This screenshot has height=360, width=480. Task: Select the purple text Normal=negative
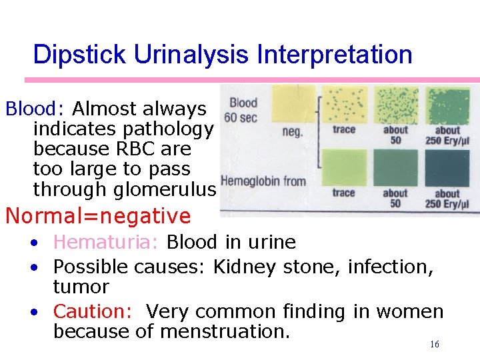pyautogui.click(x=98, y=216)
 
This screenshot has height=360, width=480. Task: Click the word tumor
pyautogui.click(x=81, y=287)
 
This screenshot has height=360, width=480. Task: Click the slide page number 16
pyautogui.click(x=434, y=345)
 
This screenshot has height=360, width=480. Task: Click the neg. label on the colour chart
pyautogui.click(x=293, y=132)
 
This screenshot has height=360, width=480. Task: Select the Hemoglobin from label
pyautogui.click(x=263, y=181)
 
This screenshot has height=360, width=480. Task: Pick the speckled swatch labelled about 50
pyautogui.click(x=395, y=105)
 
